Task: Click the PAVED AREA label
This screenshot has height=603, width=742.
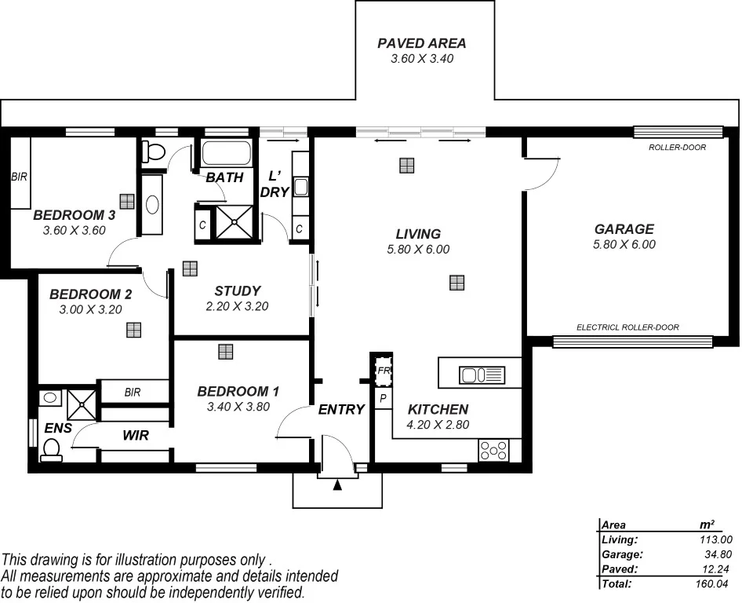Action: pyautogui.click(x=422, y=43)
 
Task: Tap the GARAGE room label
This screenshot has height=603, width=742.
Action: pyautogui.click(x=624, y=229)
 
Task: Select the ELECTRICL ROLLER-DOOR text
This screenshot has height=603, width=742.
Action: pyautogui.click(x=627, y=327)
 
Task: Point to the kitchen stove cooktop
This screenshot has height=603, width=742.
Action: pyautogui.click(x=493, y=451)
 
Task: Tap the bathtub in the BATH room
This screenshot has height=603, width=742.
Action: pyautogui.click(x=226, y=152)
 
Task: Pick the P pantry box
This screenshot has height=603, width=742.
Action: pyautogui.click(x=384, y=400)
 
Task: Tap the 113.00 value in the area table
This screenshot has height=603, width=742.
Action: pyautogui.click(x=715, y=539)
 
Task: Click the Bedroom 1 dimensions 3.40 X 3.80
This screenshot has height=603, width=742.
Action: pyautogui.click(x=238, y=407)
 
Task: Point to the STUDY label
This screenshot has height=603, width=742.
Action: pyautogui.click(x=238, y=291)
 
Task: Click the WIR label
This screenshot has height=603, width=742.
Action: pyautogui.click(x=135, y=434)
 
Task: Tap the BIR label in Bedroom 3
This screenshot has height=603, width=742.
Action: pyautogui.click(x=19, y=177)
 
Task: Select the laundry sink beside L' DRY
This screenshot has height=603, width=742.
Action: pyautogui.click(x=300, y=188)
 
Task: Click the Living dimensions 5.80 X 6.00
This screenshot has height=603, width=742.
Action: pyautogui.click(x=418, y=250)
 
